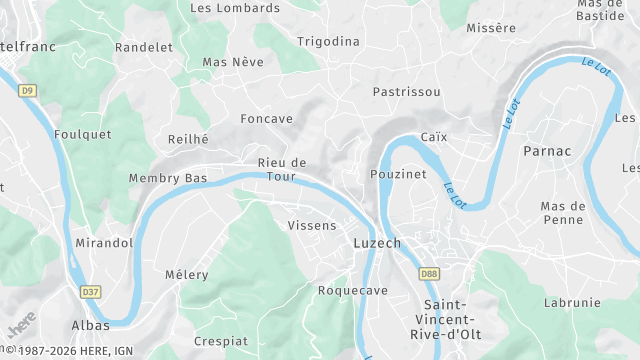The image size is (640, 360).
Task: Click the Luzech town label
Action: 377,243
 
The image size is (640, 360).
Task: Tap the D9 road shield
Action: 27,91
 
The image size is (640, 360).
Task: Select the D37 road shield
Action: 91,292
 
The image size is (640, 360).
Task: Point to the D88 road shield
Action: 429,273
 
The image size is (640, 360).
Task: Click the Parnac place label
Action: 547,151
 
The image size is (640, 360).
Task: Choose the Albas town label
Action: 90,326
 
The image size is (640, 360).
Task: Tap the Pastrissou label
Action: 406,91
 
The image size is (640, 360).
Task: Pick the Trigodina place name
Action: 328,41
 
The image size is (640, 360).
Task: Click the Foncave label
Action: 267,119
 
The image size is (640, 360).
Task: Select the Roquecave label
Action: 352,290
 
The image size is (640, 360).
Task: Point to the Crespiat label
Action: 220,341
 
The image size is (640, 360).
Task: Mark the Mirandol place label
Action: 104,243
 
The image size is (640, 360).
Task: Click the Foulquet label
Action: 82,135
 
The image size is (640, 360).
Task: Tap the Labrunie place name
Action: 572,302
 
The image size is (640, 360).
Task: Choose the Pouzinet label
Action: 398,173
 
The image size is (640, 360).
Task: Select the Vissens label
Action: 312,226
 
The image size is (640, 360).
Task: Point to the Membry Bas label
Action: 168,178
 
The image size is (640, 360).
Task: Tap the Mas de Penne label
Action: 567,212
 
